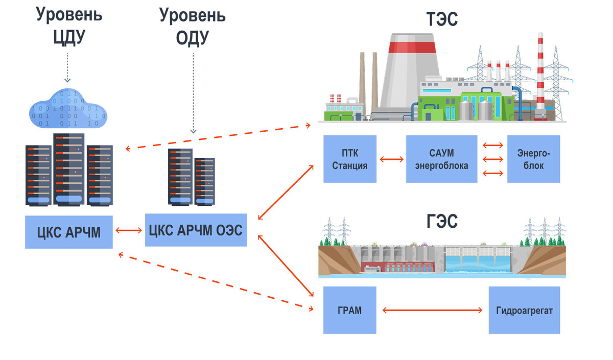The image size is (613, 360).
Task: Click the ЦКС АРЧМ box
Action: [68, 232]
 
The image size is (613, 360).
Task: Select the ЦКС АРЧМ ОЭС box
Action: [196, 229]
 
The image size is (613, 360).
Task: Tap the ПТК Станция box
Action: [350, 159]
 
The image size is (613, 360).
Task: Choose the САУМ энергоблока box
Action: [441, 159]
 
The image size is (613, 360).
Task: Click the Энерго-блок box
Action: [533, 159]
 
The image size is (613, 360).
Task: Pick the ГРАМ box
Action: [350, 310]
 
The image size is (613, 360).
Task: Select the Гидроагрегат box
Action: [524, 310]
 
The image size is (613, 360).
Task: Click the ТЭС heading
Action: [442, 19]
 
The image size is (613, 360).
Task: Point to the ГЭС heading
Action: [442, 222]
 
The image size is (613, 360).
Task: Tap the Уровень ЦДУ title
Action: [69, 26]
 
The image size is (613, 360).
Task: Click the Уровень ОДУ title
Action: [193, 26]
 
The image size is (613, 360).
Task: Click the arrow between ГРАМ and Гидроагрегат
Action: [433, 310]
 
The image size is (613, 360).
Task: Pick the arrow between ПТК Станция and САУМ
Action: [391, 159]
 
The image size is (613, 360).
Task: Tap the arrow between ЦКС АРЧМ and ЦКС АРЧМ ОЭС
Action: [129, 231]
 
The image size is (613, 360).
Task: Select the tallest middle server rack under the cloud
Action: [68, 169]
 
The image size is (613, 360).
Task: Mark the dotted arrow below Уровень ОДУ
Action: [193, 92]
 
